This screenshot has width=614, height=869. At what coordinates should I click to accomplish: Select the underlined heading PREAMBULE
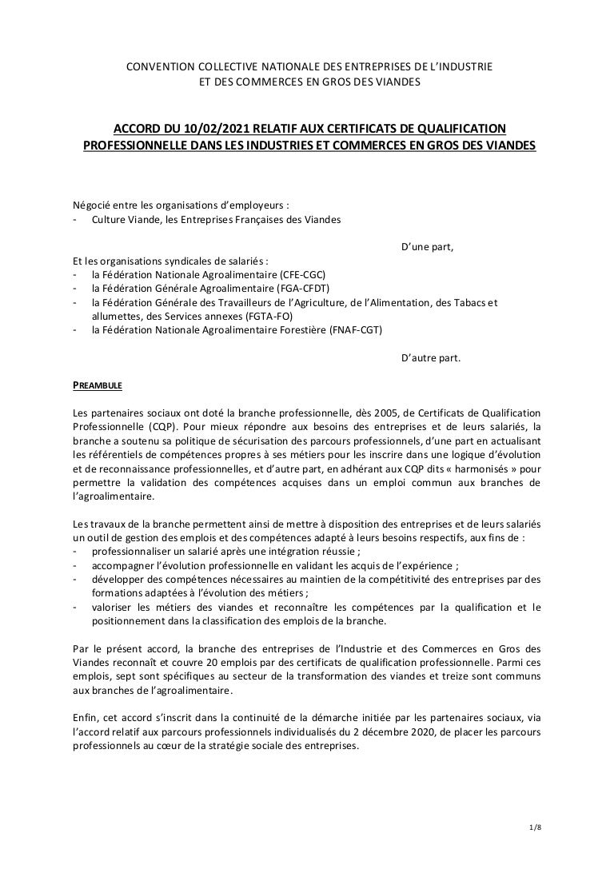97,385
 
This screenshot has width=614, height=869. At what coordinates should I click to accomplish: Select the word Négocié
92,205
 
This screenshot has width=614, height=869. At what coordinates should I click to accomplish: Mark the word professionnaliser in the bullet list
133,552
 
